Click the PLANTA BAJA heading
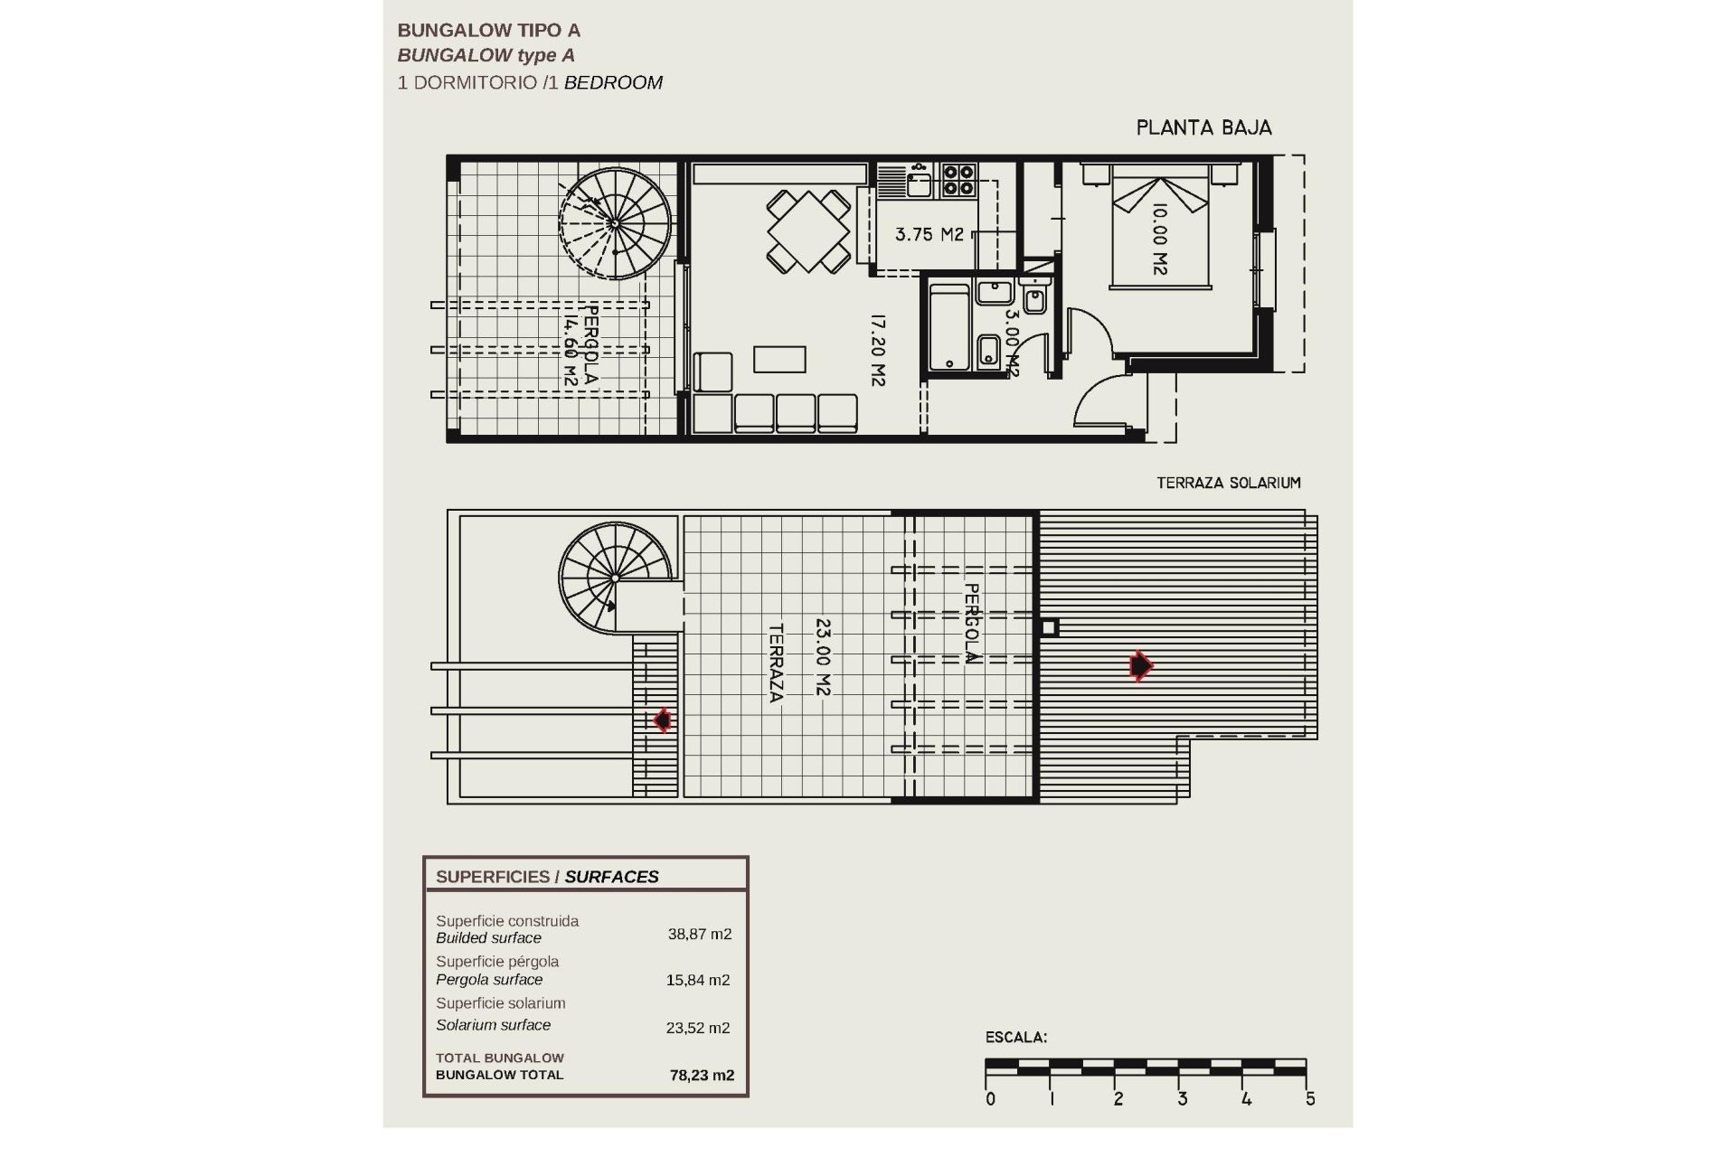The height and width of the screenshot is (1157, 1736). (1203, 128)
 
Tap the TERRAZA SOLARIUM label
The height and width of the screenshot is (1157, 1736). (1228, 483)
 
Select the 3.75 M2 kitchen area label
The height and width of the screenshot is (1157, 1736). (929, 235)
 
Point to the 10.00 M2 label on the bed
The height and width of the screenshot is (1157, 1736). (1160, 239)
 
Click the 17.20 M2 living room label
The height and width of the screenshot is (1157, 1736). (876, 350)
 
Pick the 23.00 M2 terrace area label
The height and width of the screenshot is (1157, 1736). (822, 656)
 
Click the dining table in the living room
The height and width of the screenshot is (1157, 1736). (808, 230)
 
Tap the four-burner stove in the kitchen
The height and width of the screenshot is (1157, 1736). (958, 179)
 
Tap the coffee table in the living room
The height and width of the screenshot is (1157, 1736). (779, 359)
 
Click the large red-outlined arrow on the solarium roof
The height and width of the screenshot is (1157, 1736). (1141, 666)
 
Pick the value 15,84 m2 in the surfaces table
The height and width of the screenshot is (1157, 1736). (697, 980)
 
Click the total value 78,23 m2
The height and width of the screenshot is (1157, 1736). (702, 1076)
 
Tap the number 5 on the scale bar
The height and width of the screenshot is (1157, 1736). (1310, 1099)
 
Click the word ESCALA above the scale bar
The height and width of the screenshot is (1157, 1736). (1015, 1038)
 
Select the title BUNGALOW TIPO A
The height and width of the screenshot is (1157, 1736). (489, 31)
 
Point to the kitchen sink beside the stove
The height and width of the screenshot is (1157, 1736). (919, 184)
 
